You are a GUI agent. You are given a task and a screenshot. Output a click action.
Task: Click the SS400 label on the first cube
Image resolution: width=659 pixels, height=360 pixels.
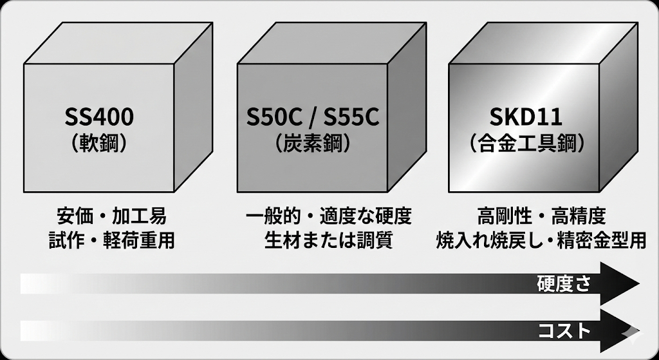pyautogui.click(x=99, y=117)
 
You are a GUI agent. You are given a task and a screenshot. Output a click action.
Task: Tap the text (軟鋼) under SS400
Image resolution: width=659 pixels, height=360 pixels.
pyautogui.click(x=99, y=144)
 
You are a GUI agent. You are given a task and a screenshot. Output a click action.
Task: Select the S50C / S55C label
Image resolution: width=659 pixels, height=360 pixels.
pyautogui.click(x=313, y=117)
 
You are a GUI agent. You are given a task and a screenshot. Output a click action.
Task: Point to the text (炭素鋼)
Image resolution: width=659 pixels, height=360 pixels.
pyautogui.click(x=313, y=144)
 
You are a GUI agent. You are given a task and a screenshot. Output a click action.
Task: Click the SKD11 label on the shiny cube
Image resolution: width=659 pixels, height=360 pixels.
pyautogui.click(x=526, y=117)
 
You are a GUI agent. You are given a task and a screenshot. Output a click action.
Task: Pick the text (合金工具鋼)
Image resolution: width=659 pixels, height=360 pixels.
pyautogui.click(x=526, y=144)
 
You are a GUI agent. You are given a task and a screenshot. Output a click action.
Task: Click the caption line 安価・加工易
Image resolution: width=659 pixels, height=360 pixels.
pyautogui.click(x=111, y=216)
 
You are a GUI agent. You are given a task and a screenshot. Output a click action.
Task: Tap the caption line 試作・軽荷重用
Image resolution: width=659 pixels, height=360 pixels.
pyautogui.click(x=111, y=241)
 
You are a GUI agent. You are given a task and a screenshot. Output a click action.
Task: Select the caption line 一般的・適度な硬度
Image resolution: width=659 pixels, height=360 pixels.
pyautogui.click(x=329, y=216)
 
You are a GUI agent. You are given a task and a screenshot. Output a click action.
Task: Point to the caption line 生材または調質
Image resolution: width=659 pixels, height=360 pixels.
pyautogui.click(x=329, y=241)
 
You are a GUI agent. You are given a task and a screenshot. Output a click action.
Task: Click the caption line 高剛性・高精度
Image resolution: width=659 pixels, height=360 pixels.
pyautogui.click(x=542, y=216)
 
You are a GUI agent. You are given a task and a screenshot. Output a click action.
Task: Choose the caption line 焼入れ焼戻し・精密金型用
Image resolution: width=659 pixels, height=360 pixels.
pyautogui.click(x=541, y=241)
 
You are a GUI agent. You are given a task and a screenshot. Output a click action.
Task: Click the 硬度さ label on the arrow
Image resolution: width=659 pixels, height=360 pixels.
pyautogui.click(x=564, y=285)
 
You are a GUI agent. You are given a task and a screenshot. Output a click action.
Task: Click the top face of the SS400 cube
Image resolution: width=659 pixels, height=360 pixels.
pyautogui.click(x=118, y=43)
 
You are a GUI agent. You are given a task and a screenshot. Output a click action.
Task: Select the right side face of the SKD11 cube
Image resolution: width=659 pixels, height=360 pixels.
pyautogui.click(x=618, y=108)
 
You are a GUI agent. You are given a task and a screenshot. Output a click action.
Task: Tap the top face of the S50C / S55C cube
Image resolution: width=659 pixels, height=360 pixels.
pyautogui.click(x=331, y=43)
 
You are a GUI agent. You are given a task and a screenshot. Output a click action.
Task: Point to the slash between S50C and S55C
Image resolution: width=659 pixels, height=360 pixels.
pyautogui.click(x=313, y=118)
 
